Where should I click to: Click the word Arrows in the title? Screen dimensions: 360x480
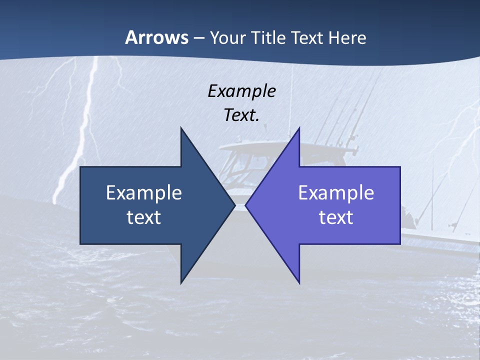(157, 37)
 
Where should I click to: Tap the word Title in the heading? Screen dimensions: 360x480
(269, 37)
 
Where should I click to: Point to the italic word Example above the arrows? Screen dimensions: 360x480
(241, 91)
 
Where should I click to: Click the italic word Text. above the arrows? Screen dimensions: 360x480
(241, 115)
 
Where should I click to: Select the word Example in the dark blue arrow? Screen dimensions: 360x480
(144, 192)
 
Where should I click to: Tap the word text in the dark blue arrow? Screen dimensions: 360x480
(144, 217)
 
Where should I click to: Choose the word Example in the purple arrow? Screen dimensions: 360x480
(336, 192)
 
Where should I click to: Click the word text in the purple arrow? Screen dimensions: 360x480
(336, 217)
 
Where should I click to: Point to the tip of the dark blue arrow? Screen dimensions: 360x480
(235, 205)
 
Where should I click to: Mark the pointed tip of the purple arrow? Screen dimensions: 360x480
(245, 205)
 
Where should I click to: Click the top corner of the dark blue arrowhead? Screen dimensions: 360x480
(181, 128)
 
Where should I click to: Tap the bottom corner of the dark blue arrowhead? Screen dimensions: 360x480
(181, 283)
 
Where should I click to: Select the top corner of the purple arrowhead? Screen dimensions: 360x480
(299, 128)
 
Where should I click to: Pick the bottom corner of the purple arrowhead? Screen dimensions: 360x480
(299, 283)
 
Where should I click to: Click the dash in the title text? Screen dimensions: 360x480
(198, 38)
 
